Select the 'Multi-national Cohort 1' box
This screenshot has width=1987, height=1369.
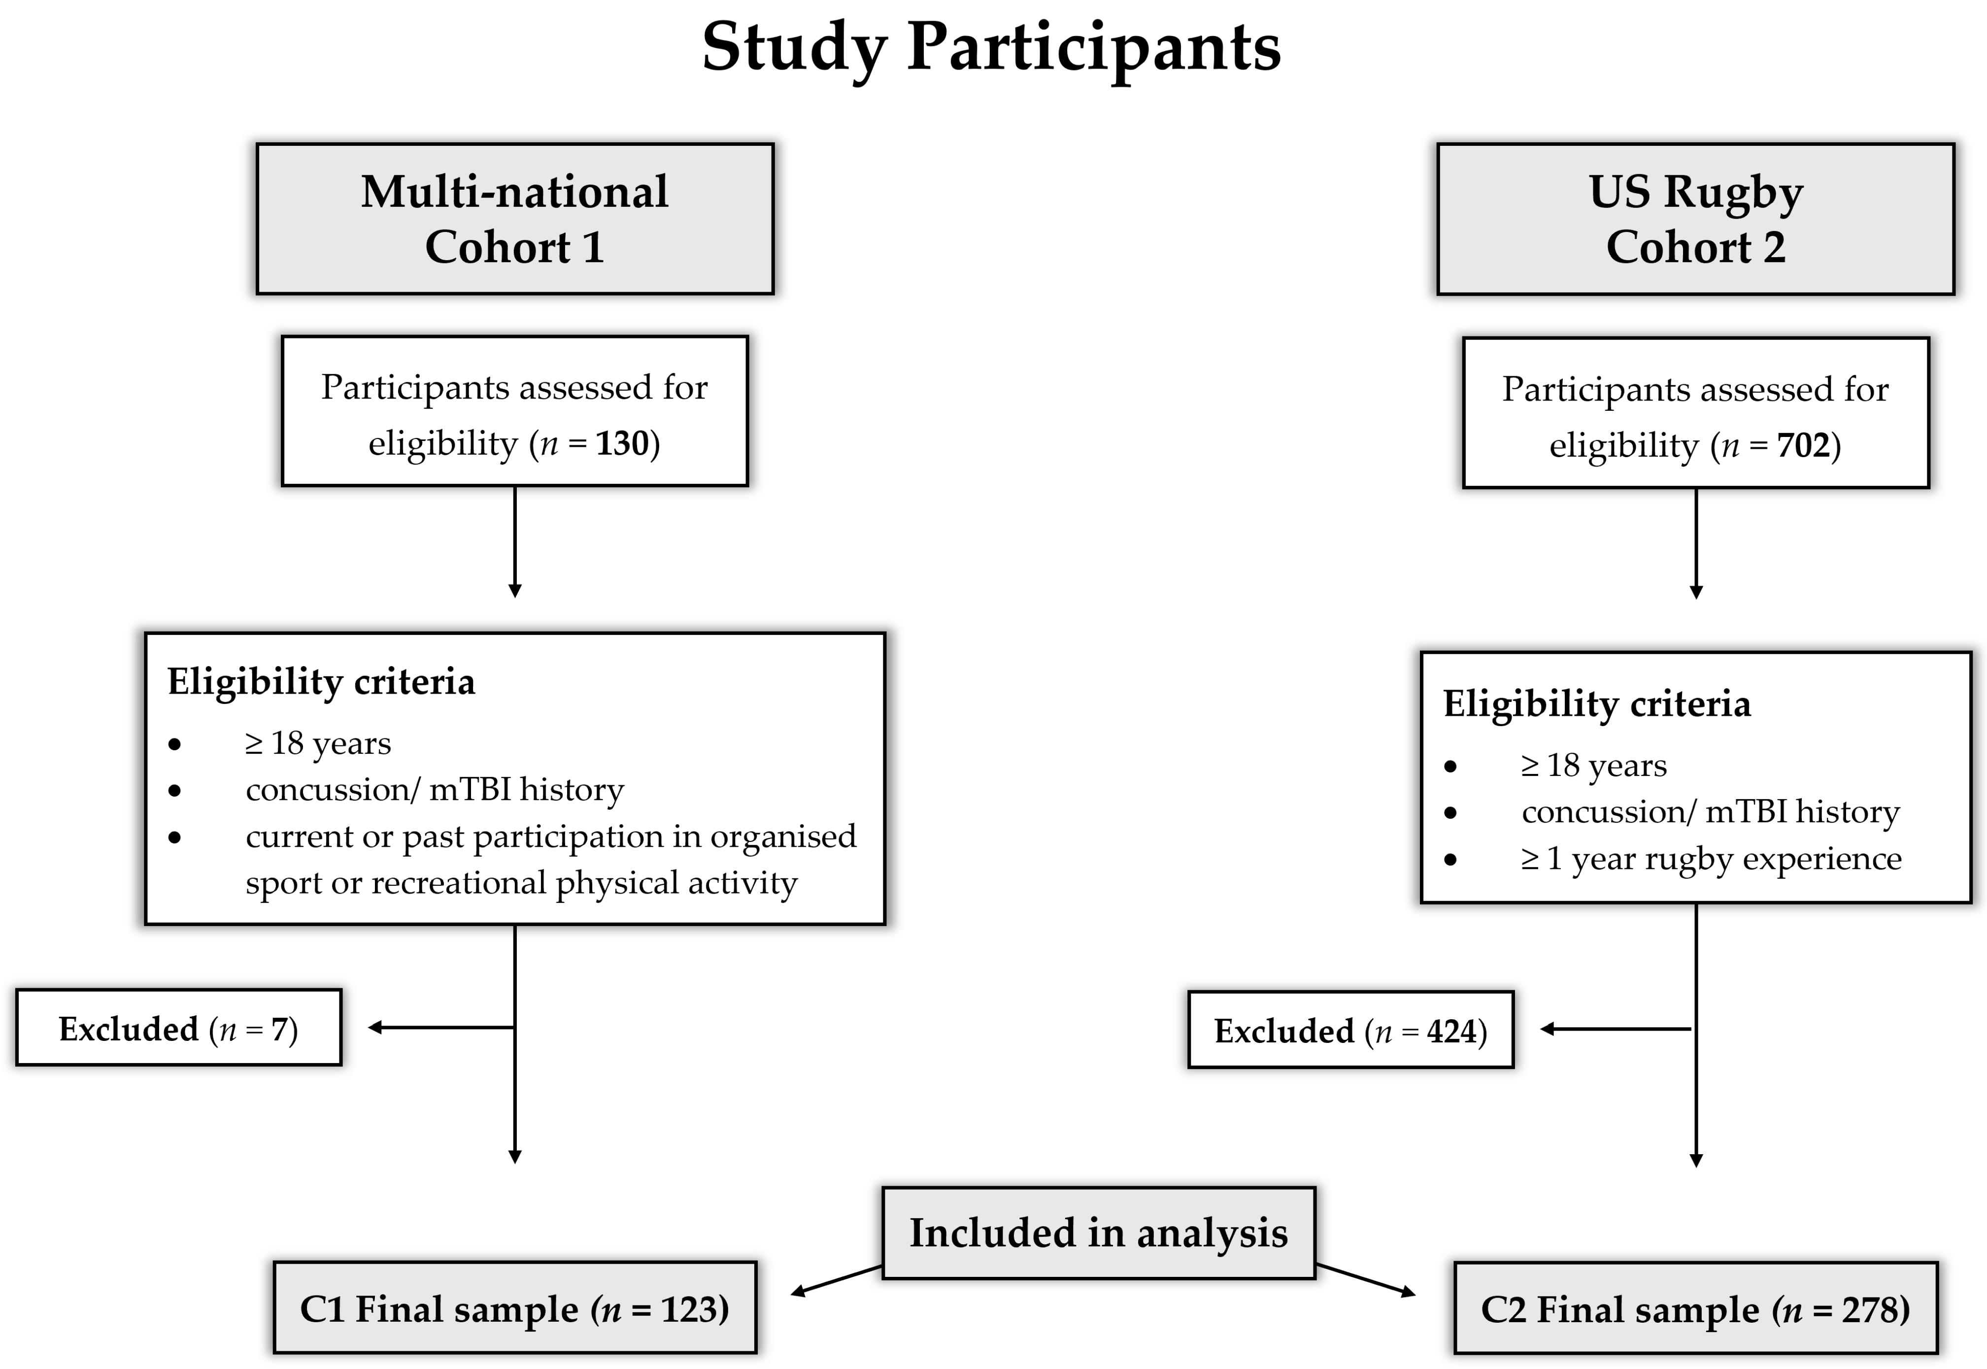pos(515,219)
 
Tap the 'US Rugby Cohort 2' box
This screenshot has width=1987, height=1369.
pos(1695,219)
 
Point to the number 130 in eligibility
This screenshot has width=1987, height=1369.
pos(622,443)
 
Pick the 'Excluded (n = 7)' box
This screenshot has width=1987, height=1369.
pos(178,1028)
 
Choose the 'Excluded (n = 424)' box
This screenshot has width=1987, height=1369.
pos(1350,1029)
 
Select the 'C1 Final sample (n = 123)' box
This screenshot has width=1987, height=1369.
pos(515,1308)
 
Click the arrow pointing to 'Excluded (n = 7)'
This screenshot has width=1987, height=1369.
pos(441,1027)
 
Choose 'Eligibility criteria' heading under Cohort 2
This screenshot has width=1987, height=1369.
pos(1597,704)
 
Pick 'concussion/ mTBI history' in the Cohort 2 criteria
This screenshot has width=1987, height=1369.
pos(1711,812)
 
